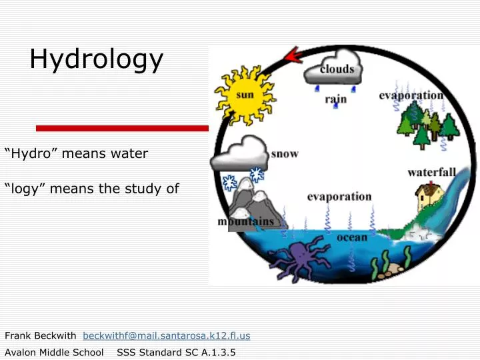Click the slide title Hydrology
coord(96,59)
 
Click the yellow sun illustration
coord(245,95)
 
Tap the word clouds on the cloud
coord(336,69)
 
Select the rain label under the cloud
coord(335,99)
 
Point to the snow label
coord(285,154)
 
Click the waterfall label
coord(431,173)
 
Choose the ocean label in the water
coord(351,237)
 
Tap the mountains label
coord(246,221)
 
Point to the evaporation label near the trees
coord(411,95)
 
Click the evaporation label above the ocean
coord(339,197)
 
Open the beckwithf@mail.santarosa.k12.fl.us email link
coord(166,335)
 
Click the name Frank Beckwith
coord(41,335)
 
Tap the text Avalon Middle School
coord(54,352)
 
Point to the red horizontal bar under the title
coord(122,128)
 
